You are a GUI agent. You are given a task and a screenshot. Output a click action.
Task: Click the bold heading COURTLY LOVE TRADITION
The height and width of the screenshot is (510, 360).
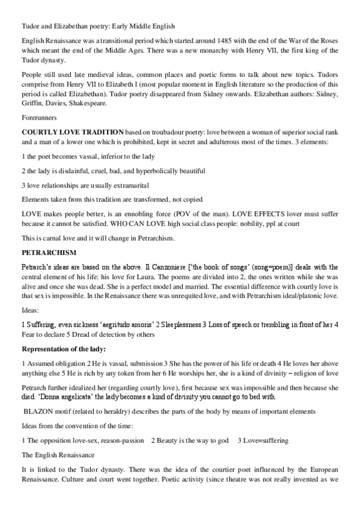pyautogui.click(x=73, y=131)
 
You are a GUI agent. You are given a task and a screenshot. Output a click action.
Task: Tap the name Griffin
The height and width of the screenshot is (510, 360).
pyautogui.click(x=34, y=103)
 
